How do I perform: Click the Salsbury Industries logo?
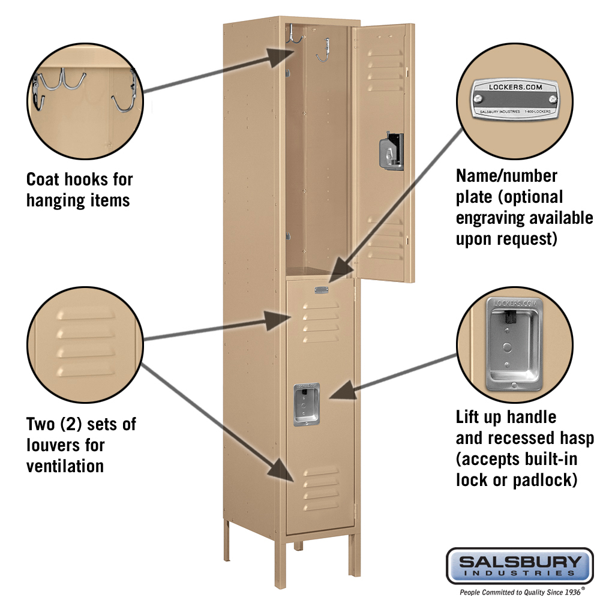(x=520, y=565)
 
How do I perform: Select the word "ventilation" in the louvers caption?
(x=65, y=466)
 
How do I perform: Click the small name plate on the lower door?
(x=321, y=291)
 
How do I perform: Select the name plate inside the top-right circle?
(x=515, y=99)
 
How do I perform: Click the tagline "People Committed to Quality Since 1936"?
(x=520, y=592)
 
